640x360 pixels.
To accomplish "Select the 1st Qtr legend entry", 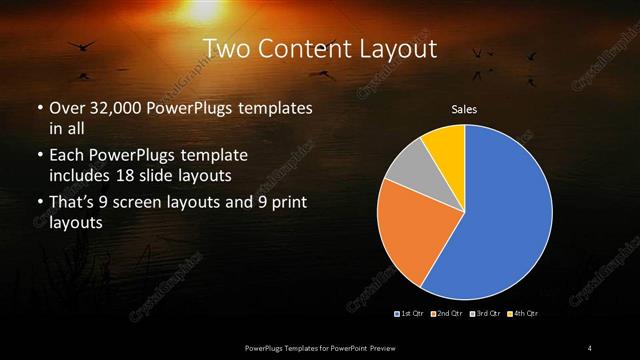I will [x=412, y=314].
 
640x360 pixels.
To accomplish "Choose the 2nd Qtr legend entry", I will [x=446, y=314].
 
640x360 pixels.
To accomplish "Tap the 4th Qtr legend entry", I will [x=523, y=314].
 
